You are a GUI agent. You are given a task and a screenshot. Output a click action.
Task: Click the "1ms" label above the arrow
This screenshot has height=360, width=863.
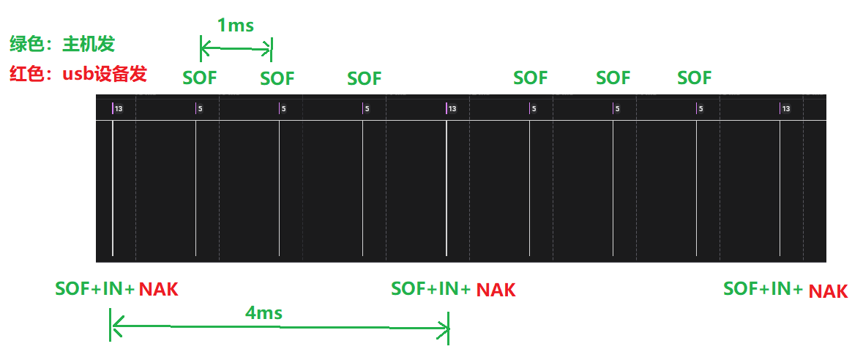click(236, 26)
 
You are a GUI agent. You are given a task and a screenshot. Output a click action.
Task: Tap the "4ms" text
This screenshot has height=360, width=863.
click(264, 313)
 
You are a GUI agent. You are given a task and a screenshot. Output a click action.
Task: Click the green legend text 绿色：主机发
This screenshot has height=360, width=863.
click(62, 45)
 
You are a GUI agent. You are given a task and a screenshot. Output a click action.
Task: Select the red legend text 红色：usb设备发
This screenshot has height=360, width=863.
click(78, 74)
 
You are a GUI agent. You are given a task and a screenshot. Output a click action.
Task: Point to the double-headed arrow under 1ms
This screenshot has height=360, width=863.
click(236, 49)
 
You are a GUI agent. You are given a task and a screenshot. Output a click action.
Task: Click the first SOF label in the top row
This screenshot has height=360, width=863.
click(200, 78)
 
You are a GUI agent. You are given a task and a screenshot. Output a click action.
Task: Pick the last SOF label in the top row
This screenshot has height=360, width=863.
click(694, 78)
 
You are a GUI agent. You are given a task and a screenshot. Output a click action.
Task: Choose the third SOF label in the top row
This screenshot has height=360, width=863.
click(365, 78)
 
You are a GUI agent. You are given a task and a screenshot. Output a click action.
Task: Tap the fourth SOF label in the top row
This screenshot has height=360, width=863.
click(531, 78)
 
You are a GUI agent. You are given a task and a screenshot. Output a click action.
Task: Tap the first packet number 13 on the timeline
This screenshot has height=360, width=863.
click(119, 109)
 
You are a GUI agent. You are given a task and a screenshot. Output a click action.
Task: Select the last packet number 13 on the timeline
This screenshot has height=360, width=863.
click(785, 109)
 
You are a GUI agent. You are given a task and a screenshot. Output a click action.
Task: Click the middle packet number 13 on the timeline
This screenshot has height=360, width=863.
click(452, 109)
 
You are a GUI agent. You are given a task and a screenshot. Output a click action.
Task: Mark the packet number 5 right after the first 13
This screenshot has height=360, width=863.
click(200, 109)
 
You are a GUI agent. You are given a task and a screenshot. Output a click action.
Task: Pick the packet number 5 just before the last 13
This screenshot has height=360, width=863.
click(701, 109)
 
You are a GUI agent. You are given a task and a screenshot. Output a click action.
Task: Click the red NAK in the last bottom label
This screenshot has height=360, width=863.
click(828, 292)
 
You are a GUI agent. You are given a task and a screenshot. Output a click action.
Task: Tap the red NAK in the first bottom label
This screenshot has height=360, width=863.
click(158, 289)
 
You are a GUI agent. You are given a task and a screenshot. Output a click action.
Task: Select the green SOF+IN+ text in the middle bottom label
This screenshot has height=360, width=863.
click(430, 289)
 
